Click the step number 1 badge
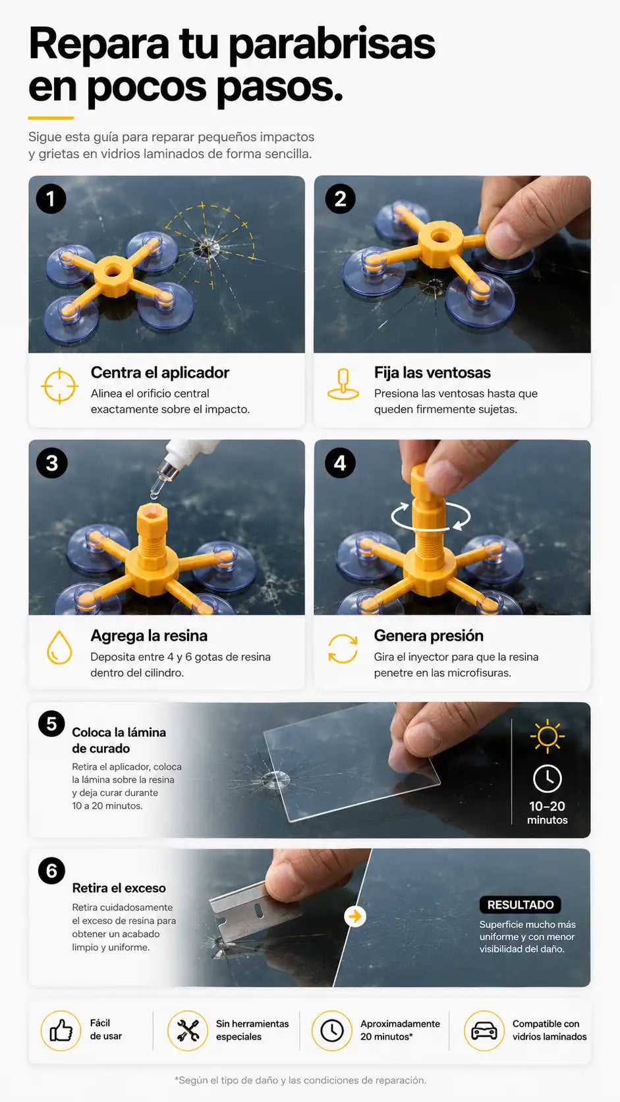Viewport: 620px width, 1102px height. [x=51, y=199]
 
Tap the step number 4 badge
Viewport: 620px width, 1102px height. [x=340, y=463]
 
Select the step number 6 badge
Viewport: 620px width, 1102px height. [x=51, y=870]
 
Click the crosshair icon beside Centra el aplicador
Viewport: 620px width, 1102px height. [x=59, y=386]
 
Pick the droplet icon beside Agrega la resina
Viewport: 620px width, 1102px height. [x=59, y=647]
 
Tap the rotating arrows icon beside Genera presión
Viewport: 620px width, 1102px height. [x=343, y=649]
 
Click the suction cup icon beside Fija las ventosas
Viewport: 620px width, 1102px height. [x=343, y=384]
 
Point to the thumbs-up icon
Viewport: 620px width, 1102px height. [x=61, y=1031]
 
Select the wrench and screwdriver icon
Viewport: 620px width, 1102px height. [x=187, y=1031]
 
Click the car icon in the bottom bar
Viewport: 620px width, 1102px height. [x=484, y=1031]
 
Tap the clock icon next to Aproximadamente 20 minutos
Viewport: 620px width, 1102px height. [x=332, y=1031]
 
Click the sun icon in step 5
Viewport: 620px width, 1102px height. [x=548, y=736]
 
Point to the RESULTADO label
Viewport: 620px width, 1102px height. [x=521, y=904]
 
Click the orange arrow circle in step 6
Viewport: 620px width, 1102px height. [x=354, y=916]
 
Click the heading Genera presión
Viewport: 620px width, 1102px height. [x=428, y=635]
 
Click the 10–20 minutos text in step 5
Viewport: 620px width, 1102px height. [x=548, y=813]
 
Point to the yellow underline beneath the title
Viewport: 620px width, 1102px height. [x=51, y=118]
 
